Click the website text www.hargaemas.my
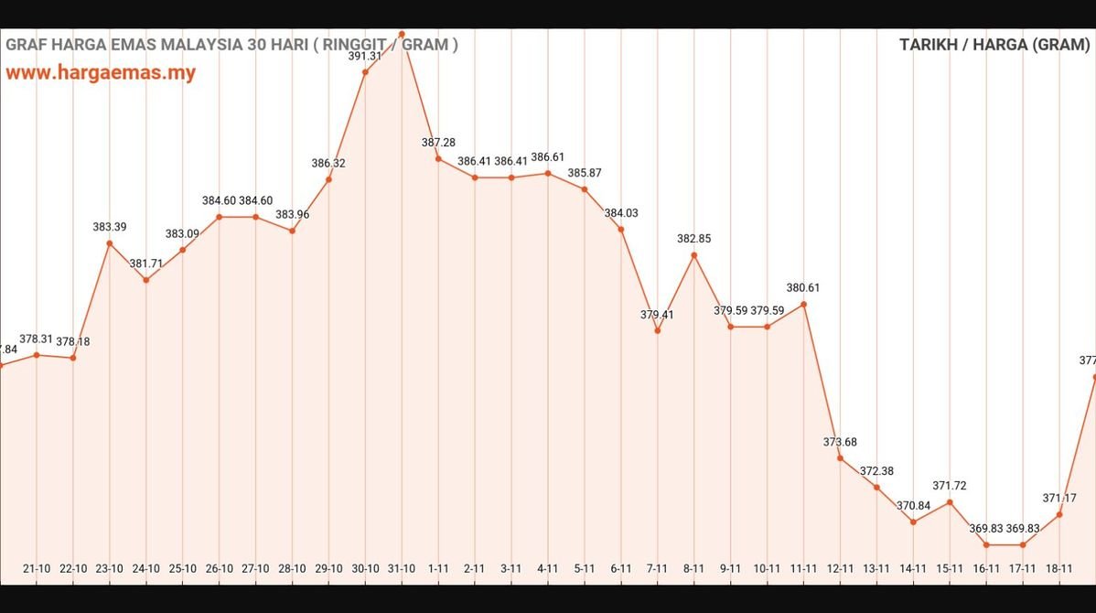click(101, 73)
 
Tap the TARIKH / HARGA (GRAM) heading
click(994, 45)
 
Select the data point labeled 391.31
click(365, 71)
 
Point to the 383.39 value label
click(110, 227)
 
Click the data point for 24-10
click(145, 280)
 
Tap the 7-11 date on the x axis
click(657, 568)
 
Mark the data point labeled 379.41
click(657, 331)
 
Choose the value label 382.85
click(693, 239)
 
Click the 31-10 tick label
click(402, 568)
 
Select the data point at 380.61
click(803, 304)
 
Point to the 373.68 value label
click(840, 442)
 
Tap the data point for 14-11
click(913, 522)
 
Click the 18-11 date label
click(1059, 568)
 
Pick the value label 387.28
click(438, 143)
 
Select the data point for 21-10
click(37, 355)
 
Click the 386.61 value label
click(548, 157)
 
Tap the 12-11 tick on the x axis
click(840, 568)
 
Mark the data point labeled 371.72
click(950, 501)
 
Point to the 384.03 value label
click(621, 213)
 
